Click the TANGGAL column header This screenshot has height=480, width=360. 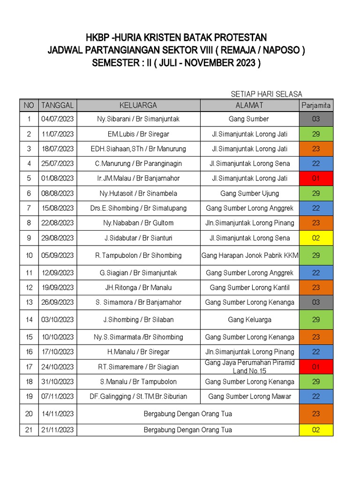click(58, 105)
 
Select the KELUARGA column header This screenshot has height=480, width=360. click(138, 105)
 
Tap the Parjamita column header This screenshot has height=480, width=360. click(316, 105)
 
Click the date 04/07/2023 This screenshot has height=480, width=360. click(58, 119)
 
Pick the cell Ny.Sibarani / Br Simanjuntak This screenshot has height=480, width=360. click(138, 119)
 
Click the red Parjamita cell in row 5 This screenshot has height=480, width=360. click(316, 179)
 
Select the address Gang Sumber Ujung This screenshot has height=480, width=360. click(249, 194)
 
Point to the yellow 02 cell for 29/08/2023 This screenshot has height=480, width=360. click(316, 238)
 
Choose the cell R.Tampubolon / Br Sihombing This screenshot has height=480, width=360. click(138, 255)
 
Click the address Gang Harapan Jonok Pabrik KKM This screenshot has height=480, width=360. click(250, 255)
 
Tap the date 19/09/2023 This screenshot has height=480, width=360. click(58, 287)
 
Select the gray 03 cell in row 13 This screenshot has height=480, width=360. click(316, 302)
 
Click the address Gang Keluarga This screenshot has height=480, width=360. click(249, 320)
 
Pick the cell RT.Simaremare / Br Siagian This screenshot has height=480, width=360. click(138, 367)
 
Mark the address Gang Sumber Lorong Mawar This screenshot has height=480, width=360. click(249, 397)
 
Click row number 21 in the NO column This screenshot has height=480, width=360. click(29, 430)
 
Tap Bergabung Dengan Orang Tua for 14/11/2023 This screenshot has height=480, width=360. click(187, 414)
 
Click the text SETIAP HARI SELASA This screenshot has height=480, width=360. click(266, 94)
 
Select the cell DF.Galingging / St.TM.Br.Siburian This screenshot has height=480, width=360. click(138, 397)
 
